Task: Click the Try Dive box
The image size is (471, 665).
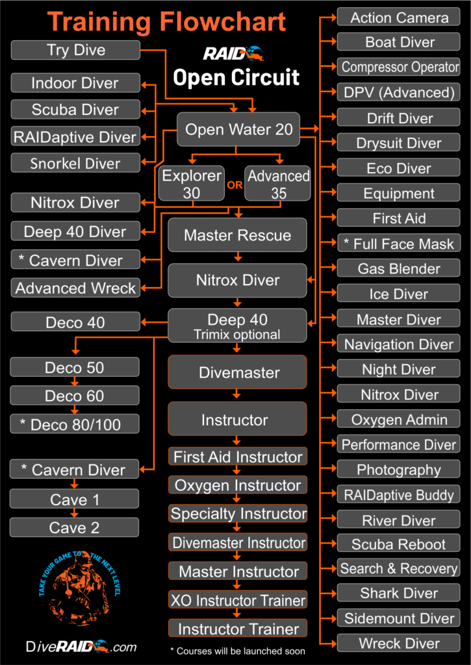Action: [76, 50]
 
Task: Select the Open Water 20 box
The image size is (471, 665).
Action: [238, 129]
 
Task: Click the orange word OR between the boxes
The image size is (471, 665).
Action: [235, 184]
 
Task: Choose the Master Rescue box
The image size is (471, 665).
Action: [237, 234]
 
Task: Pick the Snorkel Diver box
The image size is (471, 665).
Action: [76, 163]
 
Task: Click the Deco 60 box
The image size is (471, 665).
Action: [75, 395]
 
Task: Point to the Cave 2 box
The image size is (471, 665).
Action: [75, 527]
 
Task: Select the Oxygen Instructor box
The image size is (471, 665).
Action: [237, 485]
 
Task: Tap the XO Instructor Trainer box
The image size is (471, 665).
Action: [237, 599]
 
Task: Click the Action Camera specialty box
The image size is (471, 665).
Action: [399, 18]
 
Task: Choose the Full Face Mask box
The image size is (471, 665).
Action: [399, 244]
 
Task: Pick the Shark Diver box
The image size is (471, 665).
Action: [399, 592]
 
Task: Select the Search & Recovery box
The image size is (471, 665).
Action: [399, 568]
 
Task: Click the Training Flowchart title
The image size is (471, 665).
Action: [167, 22]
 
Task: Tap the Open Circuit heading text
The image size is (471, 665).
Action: [236, 77]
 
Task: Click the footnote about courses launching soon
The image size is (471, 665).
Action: [237, 650]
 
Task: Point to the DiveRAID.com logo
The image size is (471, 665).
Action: [82, 646]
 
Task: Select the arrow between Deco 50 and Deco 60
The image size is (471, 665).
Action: [75, 381]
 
